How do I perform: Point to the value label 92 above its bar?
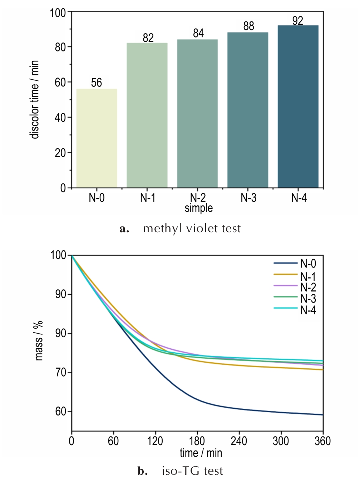[297, 21]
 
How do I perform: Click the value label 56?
[96, 83]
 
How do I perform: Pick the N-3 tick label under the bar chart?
[248, 198]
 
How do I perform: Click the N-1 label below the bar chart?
[148, 198]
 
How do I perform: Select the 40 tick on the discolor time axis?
[60, 118]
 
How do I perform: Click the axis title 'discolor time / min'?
[34, 99]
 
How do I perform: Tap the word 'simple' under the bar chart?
[198, 208]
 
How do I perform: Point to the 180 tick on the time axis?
[197, 441]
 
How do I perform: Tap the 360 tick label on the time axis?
[322, 441]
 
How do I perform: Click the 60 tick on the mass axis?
[60, 412]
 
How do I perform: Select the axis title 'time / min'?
[201, 453]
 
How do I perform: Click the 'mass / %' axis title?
[39, 340]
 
